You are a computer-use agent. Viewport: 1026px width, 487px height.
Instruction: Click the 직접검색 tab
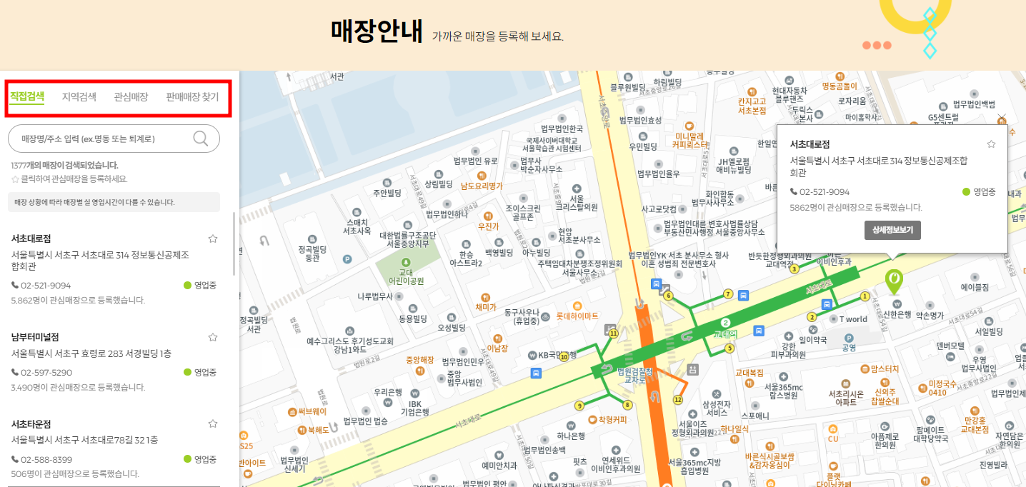point(27,97)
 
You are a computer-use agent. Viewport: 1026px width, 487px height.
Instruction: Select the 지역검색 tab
point(79,97)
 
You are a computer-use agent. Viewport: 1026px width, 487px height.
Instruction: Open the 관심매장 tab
point(131,97)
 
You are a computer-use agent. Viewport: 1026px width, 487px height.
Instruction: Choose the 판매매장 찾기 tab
point(192,97)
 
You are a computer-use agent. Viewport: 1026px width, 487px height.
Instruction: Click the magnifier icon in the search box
point(201,139)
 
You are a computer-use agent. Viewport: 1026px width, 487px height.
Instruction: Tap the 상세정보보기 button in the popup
point(892,230)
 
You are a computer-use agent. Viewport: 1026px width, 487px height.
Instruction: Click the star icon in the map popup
point(991,144)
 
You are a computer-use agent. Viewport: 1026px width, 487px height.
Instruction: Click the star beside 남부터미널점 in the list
point(212,337)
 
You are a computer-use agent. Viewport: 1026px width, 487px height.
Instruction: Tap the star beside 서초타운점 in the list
point(212,423)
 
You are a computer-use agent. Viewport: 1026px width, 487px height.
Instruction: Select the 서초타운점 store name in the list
point(31,423)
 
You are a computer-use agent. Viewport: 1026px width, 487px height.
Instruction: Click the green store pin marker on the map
point(893,280)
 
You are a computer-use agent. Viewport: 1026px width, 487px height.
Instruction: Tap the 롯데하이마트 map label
point(572,316)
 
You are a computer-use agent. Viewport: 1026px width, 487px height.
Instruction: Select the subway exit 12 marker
point(678,399)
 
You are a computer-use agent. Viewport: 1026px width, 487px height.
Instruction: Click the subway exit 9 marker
point(579,406)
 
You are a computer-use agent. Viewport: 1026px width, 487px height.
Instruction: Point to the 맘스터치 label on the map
point(884,369)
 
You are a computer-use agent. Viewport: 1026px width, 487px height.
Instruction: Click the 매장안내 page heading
point(377,31)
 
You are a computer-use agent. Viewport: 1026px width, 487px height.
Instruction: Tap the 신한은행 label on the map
point(899,314)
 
